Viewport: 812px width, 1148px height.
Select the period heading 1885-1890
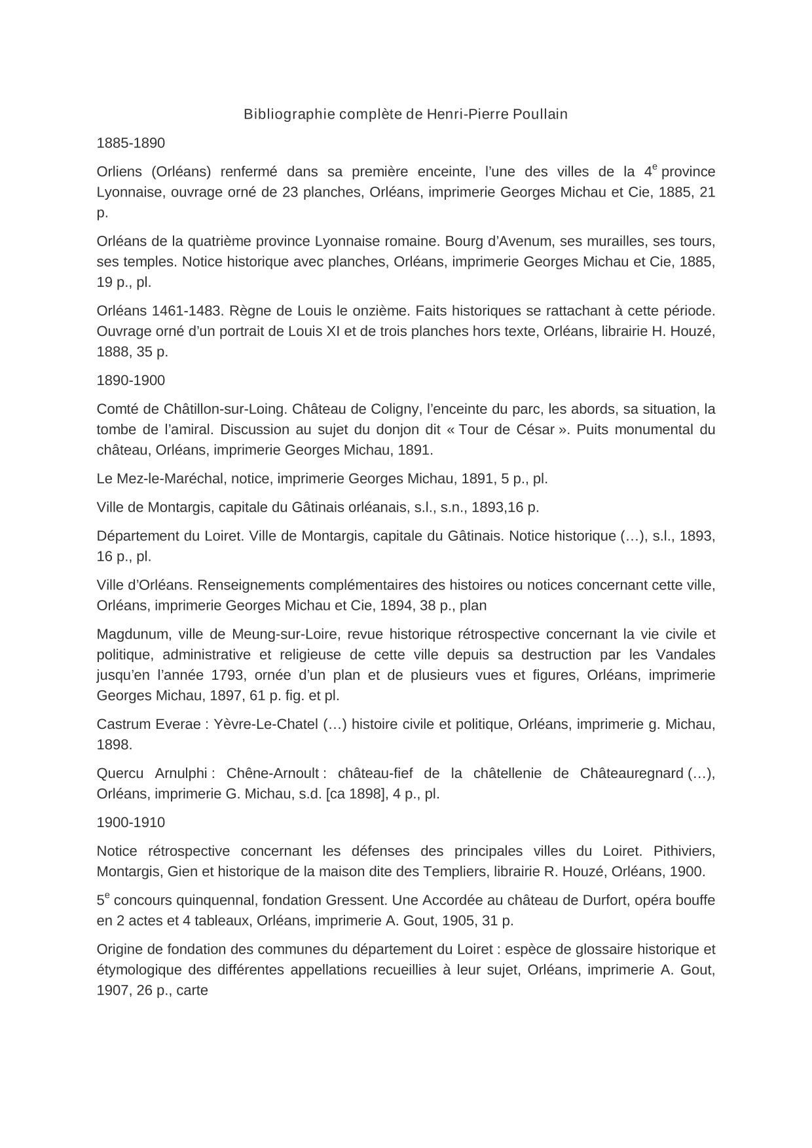pyautogui.click(x=130, y=143)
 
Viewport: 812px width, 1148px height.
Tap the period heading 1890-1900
pyautogui.click(x=130, y=380)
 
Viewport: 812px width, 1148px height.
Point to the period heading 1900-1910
pyautogui.click(x=130, y=823)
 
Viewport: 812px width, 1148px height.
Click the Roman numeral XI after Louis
pyautogui.click(x=331, y=331)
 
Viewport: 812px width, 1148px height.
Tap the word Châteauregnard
pyautogui.click(x=631, y=773)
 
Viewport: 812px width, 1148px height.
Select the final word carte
pyautogui.click(x=192, y=990)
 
